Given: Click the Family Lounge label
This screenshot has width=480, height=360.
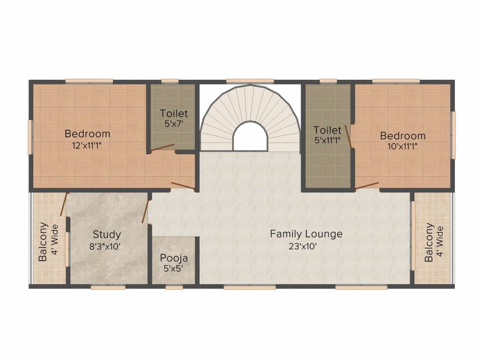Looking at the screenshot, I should click(306, 233).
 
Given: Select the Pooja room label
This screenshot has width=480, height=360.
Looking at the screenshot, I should click(174, 258).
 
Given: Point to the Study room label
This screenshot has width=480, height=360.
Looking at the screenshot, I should click(106, 234).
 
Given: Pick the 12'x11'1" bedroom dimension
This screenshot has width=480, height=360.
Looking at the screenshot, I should click(87, 145).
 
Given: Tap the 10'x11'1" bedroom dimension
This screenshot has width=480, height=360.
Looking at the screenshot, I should click(403, 146).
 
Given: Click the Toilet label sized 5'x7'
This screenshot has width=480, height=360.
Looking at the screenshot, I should click(173, 113).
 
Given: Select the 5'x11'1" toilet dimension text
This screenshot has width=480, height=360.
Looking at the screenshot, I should click(327, 139).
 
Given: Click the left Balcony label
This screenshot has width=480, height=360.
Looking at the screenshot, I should click(43, 241).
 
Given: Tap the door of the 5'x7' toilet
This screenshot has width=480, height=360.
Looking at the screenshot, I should click(162, 148).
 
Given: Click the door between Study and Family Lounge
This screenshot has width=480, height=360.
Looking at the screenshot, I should click(146, 211).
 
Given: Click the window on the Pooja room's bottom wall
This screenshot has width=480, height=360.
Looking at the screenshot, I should click(174, 287).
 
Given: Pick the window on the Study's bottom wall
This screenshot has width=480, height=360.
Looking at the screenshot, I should click(108, 287).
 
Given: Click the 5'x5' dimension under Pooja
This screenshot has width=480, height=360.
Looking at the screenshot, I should click(174, 269).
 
